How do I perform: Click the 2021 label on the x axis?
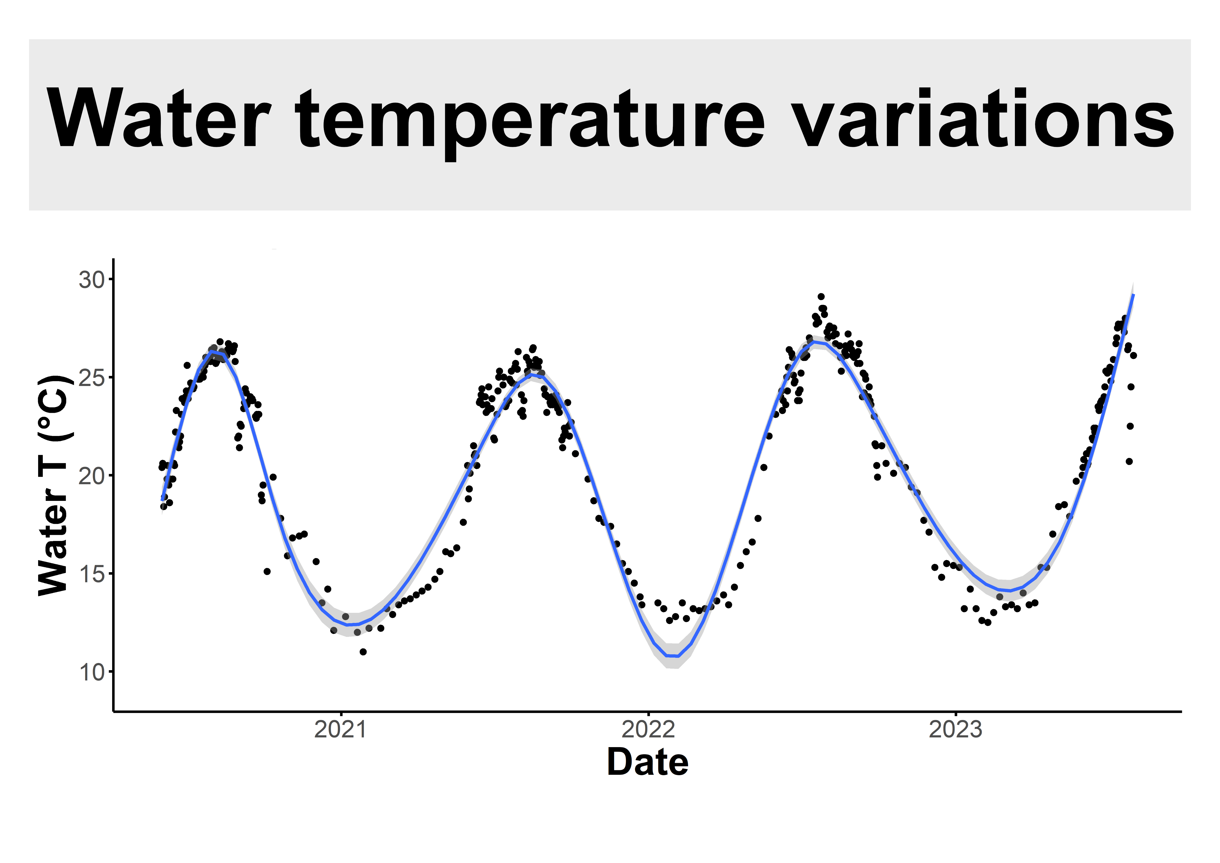click(x=341, y=730)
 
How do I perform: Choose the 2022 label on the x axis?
click(x=648, y=730)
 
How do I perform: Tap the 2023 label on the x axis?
click(x=955, y=730)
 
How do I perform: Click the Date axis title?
click(x=648, y=763)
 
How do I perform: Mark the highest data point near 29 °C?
click(x=821, y=296)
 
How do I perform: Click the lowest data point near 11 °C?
click(x=363, y=651)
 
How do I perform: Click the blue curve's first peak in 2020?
click(x=212, y=352)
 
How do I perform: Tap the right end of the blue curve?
click(x=1133, y=294)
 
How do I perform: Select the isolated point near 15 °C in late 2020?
click(x=267, y=571)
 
